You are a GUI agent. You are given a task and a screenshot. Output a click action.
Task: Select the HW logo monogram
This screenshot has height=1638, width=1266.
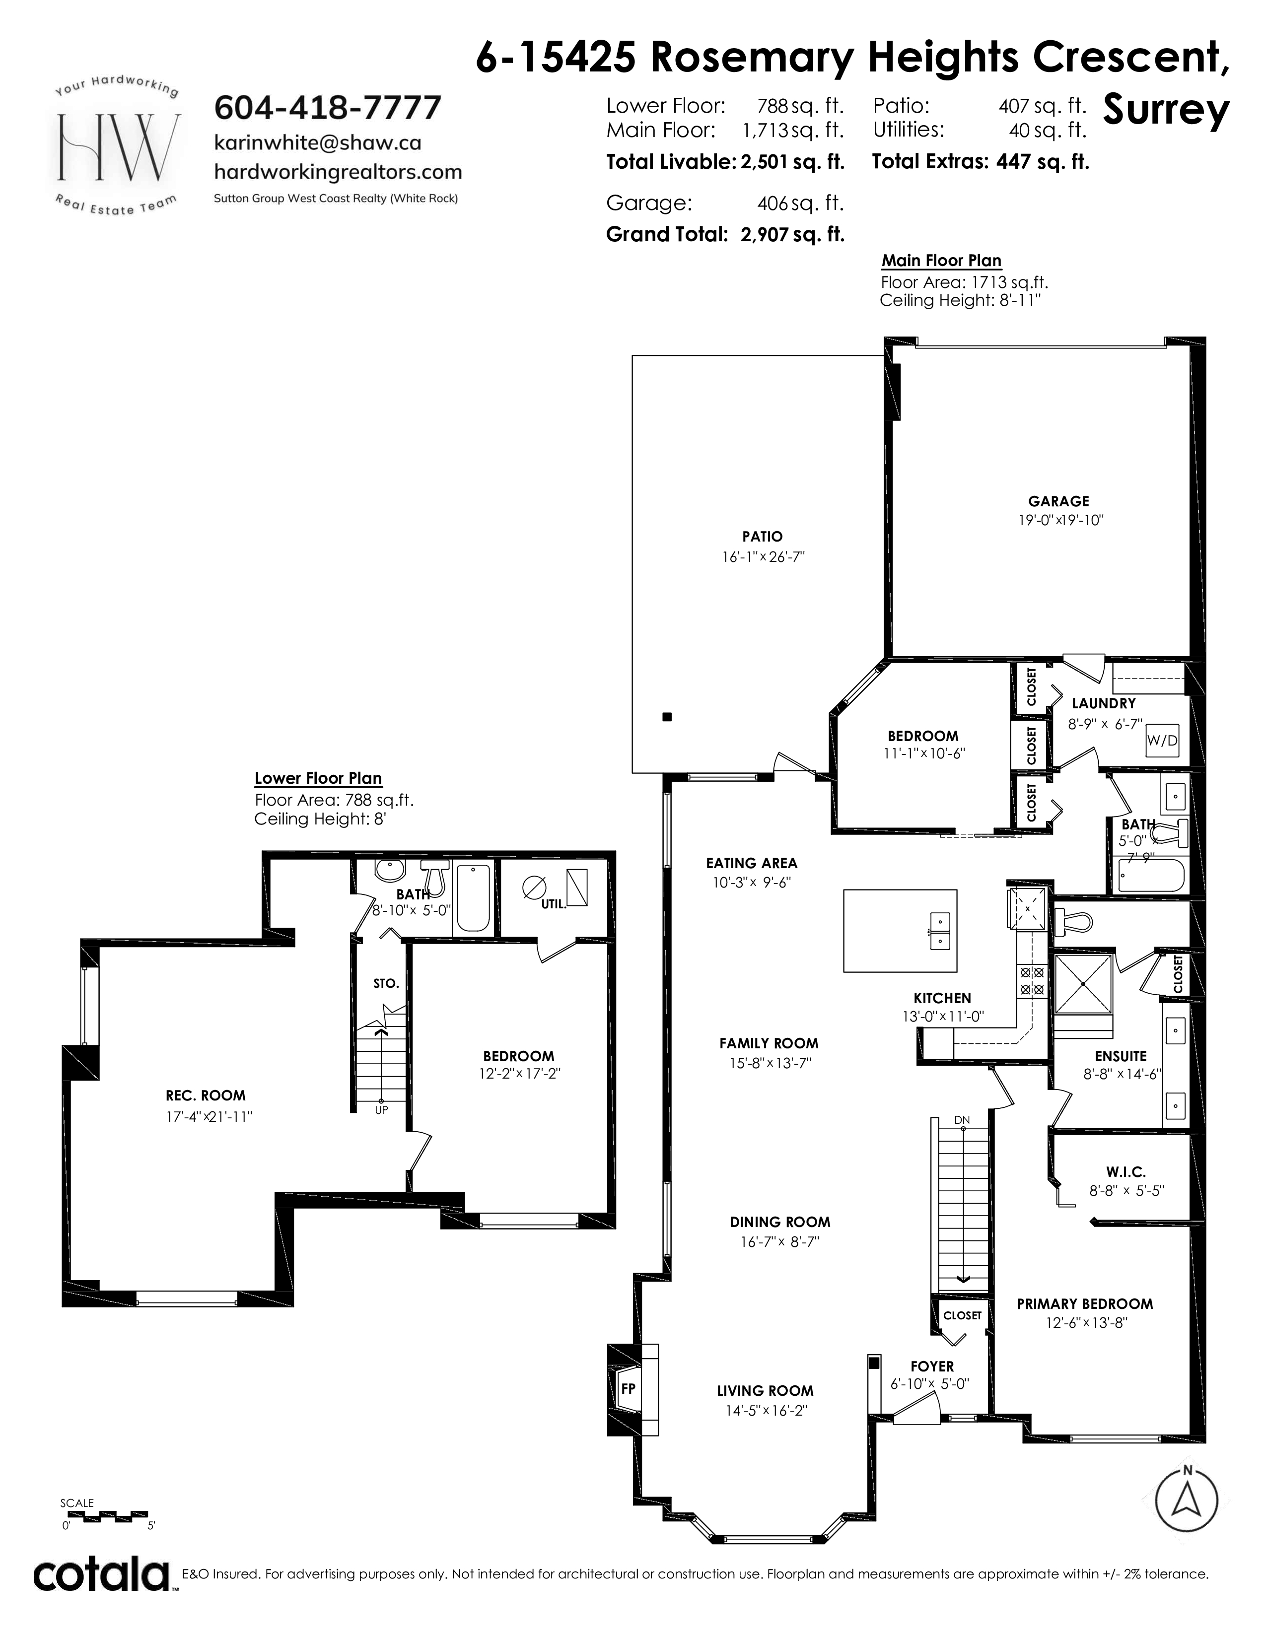tap(119, 147)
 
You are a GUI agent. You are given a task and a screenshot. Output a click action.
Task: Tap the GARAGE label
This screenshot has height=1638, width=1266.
tap(1058, 501)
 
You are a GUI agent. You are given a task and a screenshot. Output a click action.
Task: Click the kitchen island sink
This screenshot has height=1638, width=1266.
tap(940, 931)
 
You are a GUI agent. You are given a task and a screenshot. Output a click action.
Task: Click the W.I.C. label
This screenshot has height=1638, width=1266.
tap(1126, 1171)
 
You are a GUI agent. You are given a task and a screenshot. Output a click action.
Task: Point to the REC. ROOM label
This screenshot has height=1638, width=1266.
tap(206, 1095)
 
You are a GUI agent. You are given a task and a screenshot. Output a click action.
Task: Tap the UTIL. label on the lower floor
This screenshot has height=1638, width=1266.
tap(554, 904)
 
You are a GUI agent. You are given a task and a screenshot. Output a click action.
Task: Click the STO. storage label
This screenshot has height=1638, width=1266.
tap(386, 983)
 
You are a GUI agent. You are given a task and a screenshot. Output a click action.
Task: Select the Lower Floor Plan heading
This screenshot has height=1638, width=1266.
tap(318, 778)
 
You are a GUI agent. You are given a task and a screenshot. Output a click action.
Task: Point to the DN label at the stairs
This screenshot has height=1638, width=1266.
tap(962, 1120)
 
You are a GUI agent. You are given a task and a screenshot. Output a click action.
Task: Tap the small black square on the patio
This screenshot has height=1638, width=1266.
tap(667, 716)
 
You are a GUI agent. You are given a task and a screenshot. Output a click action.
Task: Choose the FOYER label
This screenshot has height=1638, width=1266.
tap(932, 1366)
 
